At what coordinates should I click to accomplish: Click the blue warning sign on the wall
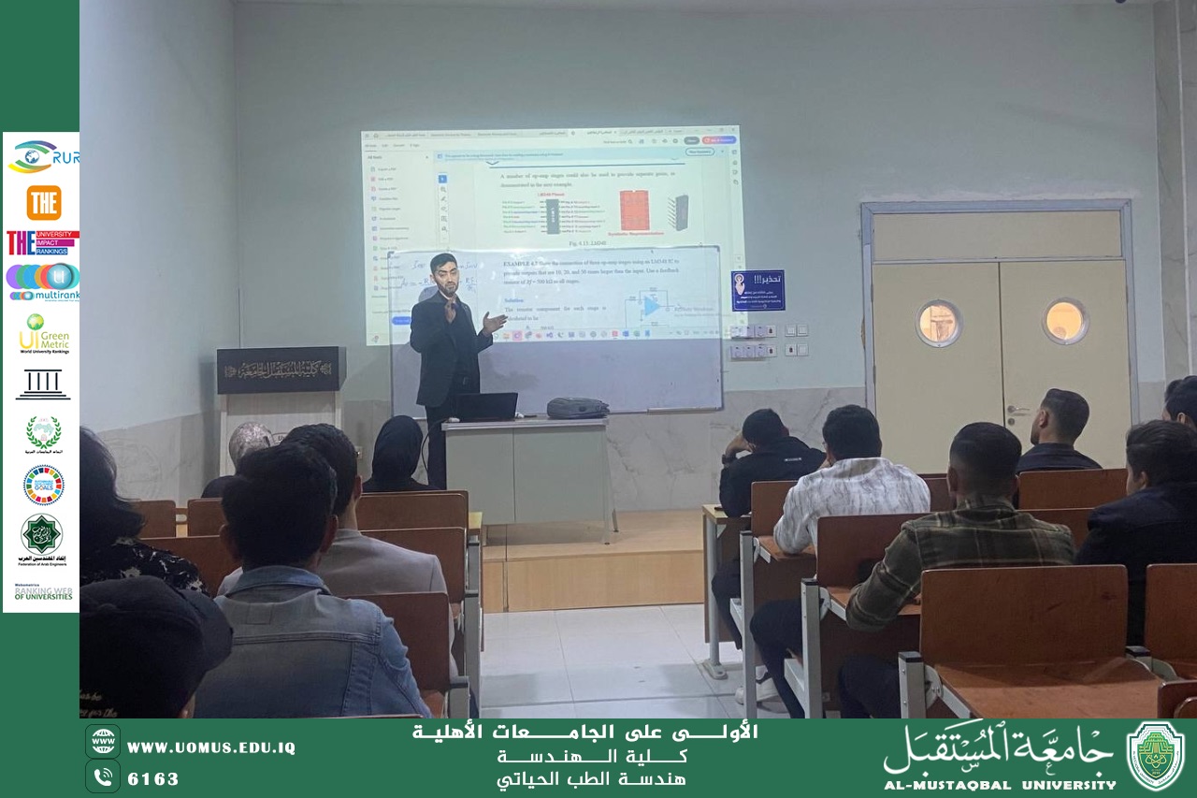click(757, 290)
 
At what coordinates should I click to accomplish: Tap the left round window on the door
click(938, 323)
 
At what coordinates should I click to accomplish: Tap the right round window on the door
click(1065, 321)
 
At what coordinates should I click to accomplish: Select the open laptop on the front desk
click(486, 406)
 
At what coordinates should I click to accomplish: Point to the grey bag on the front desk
click(577, 408)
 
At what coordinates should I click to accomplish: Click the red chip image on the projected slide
click(634, 210)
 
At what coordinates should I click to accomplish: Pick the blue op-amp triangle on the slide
click(653, 305)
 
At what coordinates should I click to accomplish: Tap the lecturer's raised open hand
click(493, 323)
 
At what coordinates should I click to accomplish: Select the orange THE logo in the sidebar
click(43, 202)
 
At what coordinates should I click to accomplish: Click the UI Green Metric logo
click(43, 333)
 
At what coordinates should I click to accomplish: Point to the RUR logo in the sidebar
click(43, 156)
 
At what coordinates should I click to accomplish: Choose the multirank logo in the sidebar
click(43, 282)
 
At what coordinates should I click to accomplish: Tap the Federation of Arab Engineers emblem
click(42, 538)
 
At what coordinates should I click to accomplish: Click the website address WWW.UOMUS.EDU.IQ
click(210, 747)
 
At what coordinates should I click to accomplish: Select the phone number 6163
click(153, 778)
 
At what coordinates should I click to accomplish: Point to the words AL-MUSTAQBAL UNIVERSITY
click(1000, 785)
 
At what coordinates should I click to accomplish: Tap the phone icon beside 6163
click(103, 776)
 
